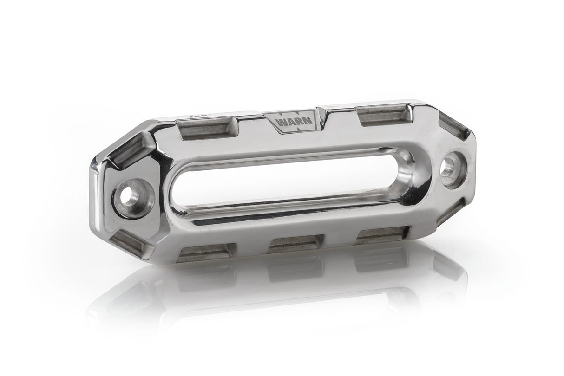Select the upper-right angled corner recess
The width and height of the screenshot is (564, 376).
[455, 125]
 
